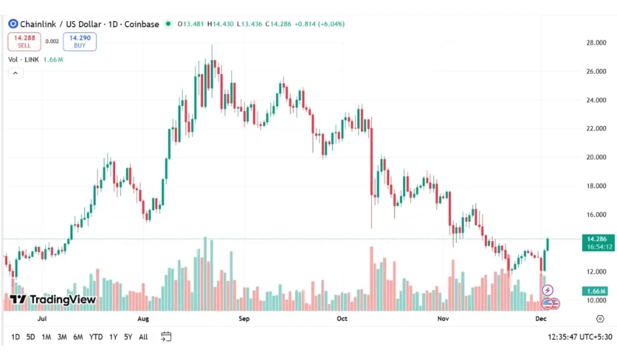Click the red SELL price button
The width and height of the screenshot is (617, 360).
click(x=24, y=41)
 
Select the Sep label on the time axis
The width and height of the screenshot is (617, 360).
click(x=244, y=318)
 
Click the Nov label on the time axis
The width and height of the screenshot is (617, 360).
click(x=443, y=318)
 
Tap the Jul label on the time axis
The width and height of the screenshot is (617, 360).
click(x=42, y=318)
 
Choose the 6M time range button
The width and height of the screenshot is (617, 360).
click(x=78, y=337)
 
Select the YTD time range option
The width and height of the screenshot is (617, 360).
click(x=96, y=337)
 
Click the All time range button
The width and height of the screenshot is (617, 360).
click(x=143, y=337)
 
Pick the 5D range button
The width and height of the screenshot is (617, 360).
click(x=30, y=337)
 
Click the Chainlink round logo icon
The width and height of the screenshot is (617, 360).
click(x=13, y=24)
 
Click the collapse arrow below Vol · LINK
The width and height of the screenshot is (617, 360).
click(x=15, y=73)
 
